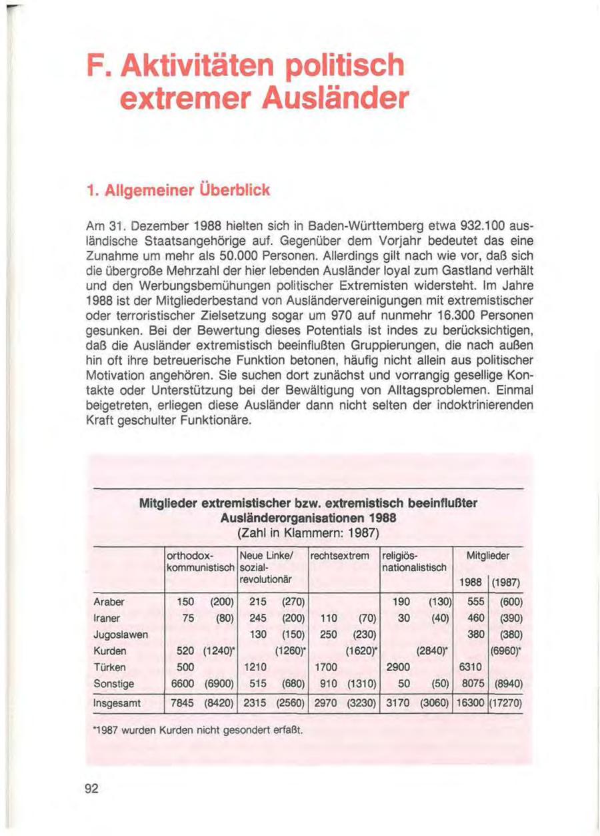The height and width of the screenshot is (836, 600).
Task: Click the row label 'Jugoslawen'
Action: pyautogui.click(x=121, y=634)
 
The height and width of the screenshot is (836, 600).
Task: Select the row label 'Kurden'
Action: pyautogui.click(x=111, y=651)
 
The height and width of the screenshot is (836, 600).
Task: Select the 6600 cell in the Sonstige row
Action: pyautogui.click(x=183, y=683)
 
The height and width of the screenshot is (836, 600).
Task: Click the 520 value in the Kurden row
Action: pyautogui.click(x=186, y=651)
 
